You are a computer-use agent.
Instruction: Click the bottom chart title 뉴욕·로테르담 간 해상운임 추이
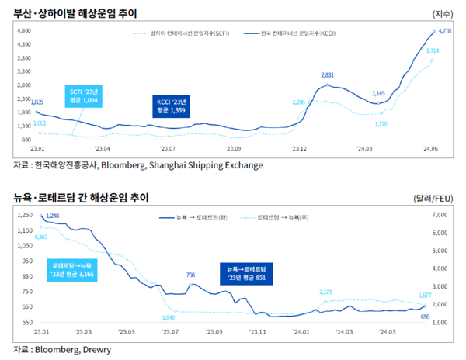click(81, 198)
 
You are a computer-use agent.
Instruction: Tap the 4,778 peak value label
click(446, 30)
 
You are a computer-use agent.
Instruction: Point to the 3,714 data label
click(433, 50)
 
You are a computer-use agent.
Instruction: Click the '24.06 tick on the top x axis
click(430, 146)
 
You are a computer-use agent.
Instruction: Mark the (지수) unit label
click(444, 14)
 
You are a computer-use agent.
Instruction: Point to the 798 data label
click(191, 275)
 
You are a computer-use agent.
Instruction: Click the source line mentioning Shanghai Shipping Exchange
click(138, 165)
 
